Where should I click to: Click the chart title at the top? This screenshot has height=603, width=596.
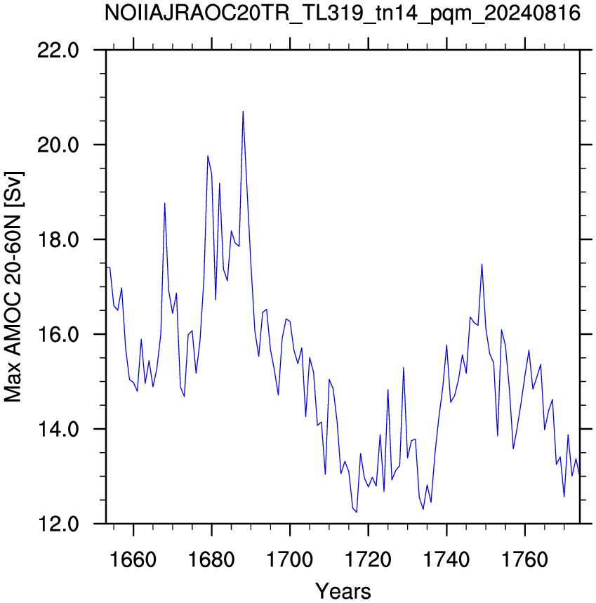(x=342, y=13)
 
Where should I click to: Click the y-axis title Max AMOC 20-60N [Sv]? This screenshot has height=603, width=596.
(x=13, y=287)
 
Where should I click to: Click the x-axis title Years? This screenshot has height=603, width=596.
(x=343, y=590)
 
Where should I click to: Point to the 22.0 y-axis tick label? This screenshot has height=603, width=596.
(x=58, y=51)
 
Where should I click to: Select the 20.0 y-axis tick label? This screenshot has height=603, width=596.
(x=58, y=145)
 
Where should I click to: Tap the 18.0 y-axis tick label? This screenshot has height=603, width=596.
(x=58, y=239)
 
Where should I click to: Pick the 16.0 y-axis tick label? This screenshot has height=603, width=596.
(x=58, y=334)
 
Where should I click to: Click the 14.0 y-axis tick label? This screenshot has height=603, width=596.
(x=58, y=429)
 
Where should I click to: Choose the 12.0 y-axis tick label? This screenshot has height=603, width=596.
(x=58, y=524)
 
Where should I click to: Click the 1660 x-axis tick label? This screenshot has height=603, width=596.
(x=133, y=559)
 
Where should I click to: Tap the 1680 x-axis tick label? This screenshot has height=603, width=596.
(x=211, y=559)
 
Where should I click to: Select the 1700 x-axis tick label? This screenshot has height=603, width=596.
(x=290, y=559)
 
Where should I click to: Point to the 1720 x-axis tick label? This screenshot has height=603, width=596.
(x=369, y=559)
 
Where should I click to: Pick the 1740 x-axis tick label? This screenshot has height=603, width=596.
(x=446, y=559)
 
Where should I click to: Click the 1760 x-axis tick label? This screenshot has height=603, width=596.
(x=525, y=559)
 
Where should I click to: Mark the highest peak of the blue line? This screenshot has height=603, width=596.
(x=243, y=112)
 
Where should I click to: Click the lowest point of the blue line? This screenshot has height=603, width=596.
(x=357, y=512)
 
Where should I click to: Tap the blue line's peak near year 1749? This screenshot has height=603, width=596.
(x=482, y=264)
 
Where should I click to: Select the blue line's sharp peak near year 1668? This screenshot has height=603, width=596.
(x=164, y=203)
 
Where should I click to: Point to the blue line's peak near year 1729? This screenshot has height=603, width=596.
(x=404, y=368)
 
